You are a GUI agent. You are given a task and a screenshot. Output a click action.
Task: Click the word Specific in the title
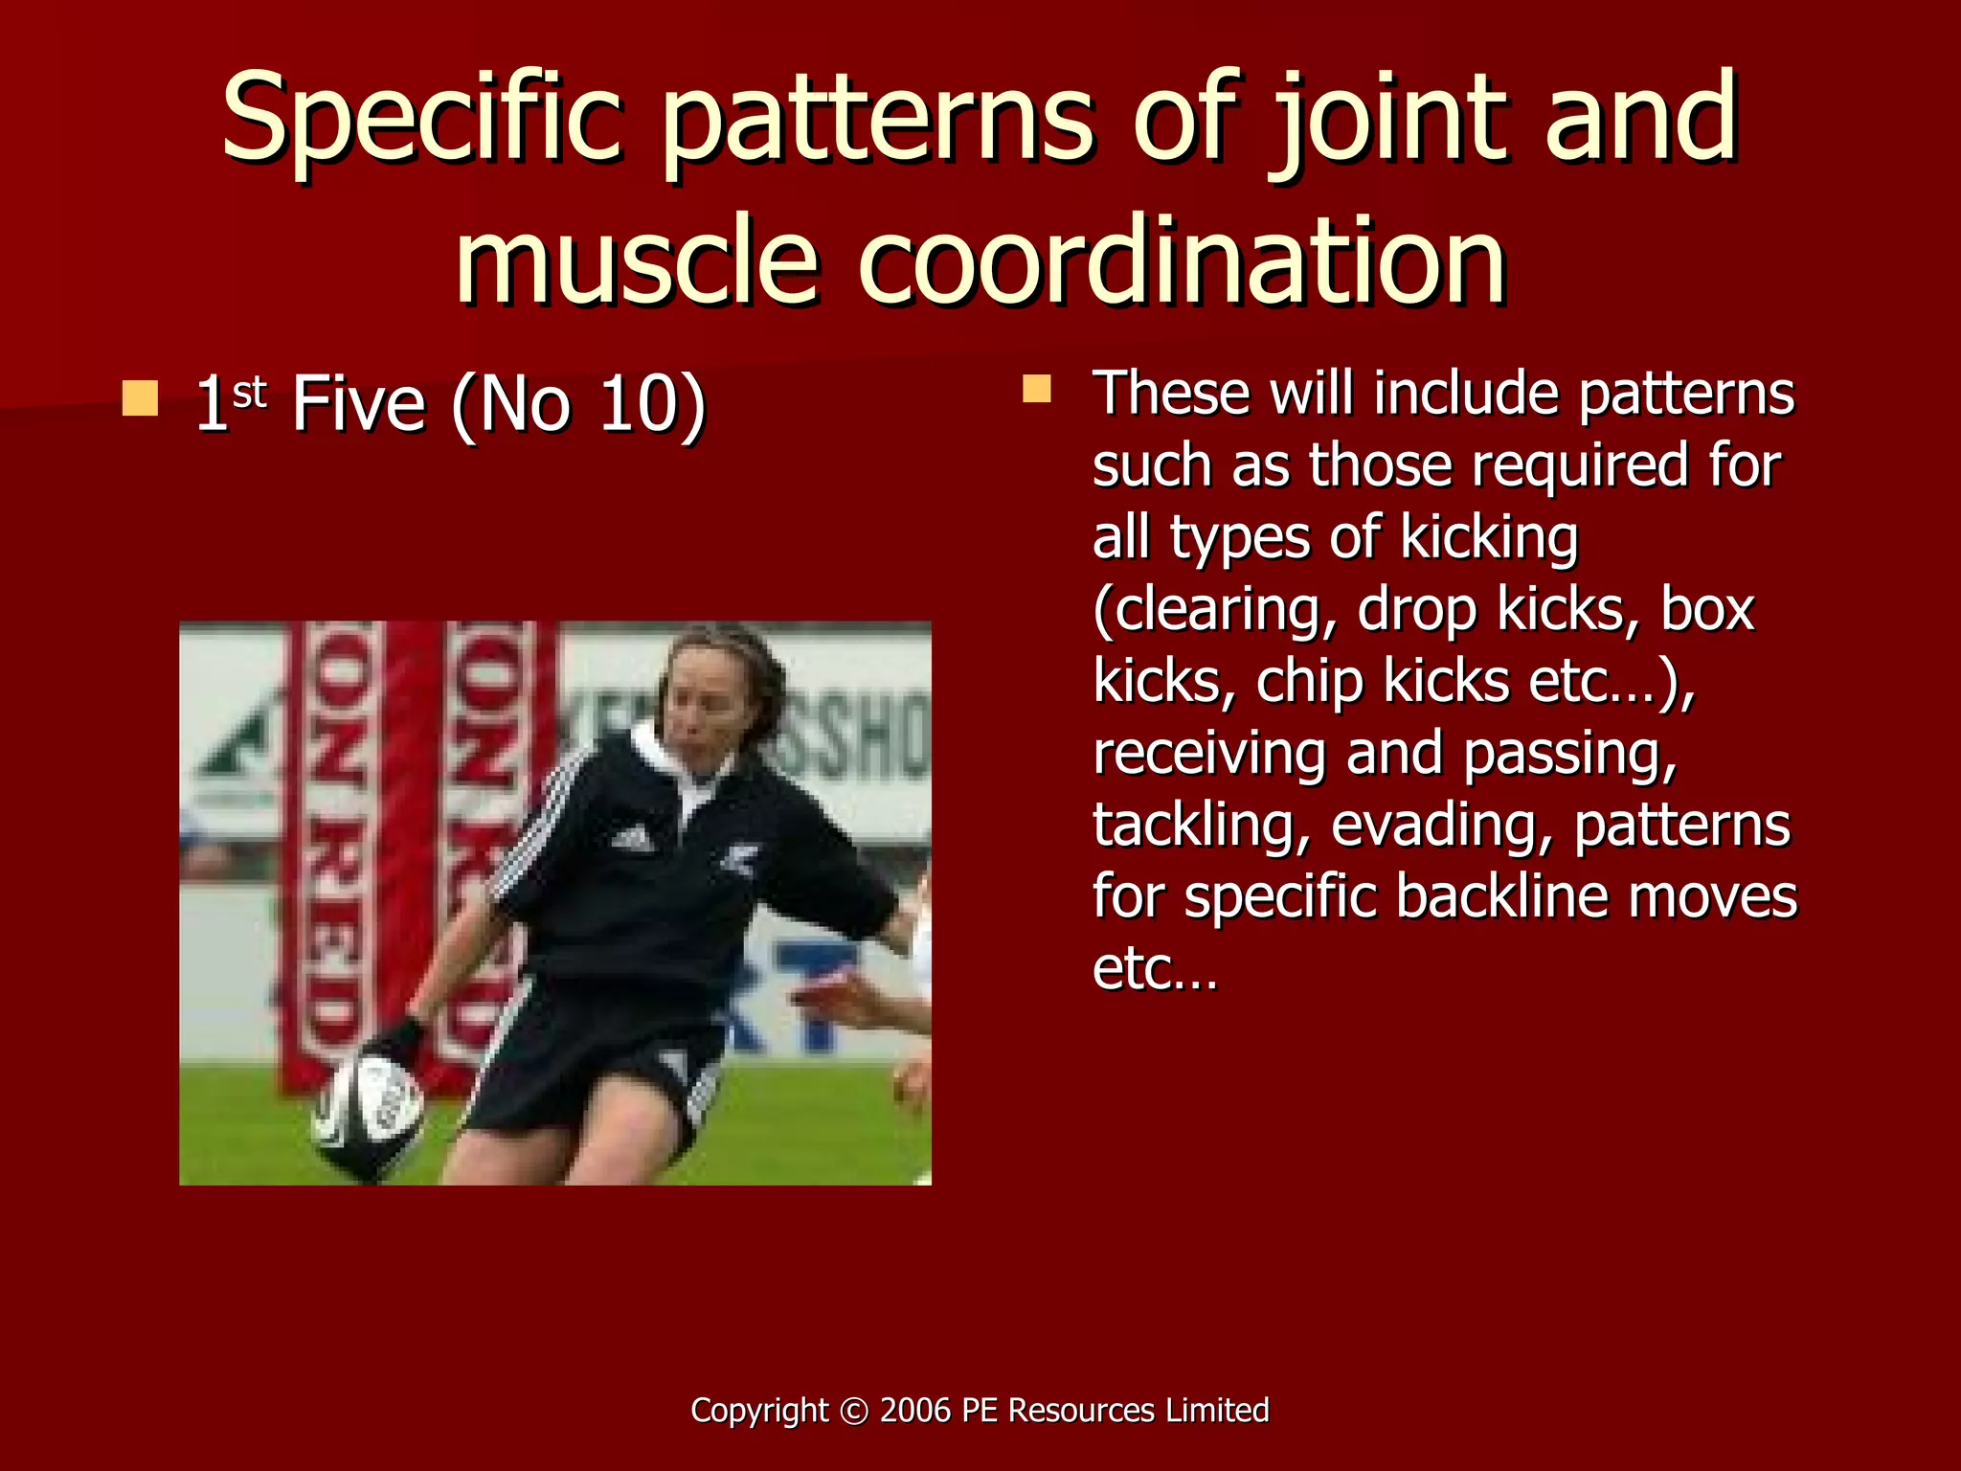(x=422, y=120)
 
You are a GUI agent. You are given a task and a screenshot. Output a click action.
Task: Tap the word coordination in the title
(x=1182, y=260)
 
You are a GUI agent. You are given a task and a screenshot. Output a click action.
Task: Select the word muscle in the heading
(x=637, y=260)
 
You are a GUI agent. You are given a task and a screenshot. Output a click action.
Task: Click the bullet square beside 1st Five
(x=140, y=398)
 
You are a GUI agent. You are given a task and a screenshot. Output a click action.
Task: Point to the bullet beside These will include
(x=1036, y=389)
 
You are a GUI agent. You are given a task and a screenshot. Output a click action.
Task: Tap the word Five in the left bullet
(x=358, y=404)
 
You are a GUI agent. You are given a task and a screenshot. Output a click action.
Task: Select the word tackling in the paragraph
(x=1201, y=826)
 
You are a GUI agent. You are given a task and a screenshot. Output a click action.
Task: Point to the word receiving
(x=1209, y=755)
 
